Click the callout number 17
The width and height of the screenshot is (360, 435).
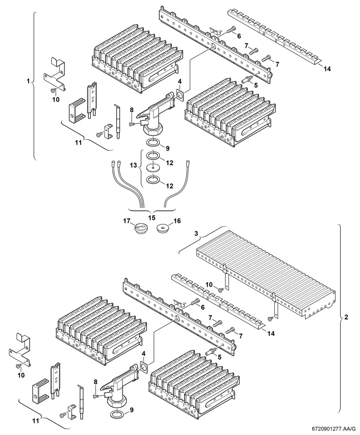(126, 221)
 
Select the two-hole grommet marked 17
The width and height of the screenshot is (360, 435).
(139, 228)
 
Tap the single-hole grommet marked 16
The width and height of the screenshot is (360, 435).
(163, 228)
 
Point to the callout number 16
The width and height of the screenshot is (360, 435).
(177, 221)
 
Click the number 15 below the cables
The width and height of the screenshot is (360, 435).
(152, 218)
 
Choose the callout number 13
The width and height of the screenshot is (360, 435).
(134, 165)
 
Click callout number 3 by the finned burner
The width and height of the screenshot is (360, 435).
(196, 234)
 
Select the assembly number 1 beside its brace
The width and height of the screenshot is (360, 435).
(28, 81)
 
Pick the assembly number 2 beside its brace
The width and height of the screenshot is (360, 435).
(346, 317)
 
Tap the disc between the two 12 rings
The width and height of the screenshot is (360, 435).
(153, 168)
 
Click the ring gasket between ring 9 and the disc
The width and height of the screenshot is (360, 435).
(153, 156)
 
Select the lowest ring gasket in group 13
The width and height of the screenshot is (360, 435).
(153, 180)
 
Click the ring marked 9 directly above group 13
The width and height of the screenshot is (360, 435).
(153, 143)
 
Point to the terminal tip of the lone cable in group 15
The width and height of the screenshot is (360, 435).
(188, 162)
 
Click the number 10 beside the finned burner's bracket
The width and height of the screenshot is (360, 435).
(209, 285)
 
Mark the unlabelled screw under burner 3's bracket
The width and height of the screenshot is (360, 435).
(271, 318)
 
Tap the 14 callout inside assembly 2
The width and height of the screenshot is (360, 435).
(271, 334)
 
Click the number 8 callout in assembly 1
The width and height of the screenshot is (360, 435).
(131, 110)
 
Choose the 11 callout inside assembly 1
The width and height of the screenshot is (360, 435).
(78, 143)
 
